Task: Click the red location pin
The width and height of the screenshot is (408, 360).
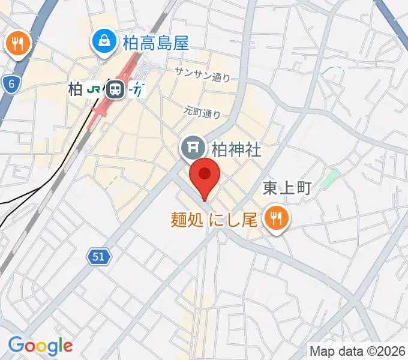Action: tap(205, 175)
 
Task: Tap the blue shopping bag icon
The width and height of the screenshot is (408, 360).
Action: tap(105, 41)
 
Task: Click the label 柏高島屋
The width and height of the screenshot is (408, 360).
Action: tap(155, 42)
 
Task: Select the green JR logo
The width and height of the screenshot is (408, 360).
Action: tap(94, 89)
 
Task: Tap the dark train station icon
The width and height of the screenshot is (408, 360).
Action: tap(114, 90)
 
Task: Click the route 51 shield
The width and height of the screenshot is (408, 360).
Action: tap(100, 257)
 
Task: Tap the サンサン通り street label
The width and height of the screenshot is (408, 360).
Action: tap(202, 73)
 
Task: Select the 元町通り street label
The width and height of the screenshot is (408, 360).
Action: tap(202, 110)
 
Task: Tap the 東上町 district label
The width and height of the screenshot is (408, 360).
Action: tap(287, 188)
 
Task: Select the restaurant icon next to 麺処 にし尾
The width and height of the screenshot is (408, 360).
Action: tap(276, 219)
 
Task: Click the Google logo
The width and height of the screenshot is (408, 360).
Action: tap(40, 346)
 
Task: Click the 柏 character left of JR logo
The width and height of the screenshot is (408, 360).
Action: tap(75, 90)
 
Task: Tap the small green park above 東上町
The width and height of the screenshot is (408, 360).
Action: tap(329, 178)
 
